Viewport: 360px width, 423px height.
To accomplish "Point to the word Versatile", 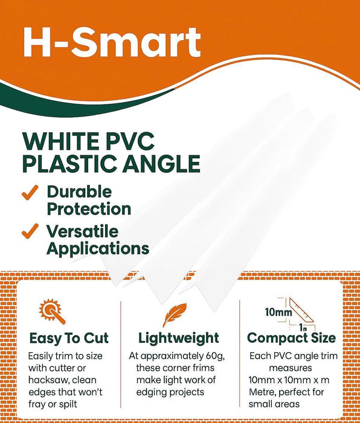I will (x=83, y=231).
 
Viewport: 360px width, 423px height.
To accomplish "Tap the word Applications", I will (x=98, y=248).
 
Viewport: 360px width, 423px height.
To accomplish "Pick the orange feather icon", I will (x=175, y=315).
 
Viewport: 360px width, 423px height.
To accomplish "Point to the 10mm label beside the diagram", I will (x=278, y=312).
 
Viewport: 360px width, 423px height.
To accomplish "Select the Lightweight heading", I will (x=179, y=337).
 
